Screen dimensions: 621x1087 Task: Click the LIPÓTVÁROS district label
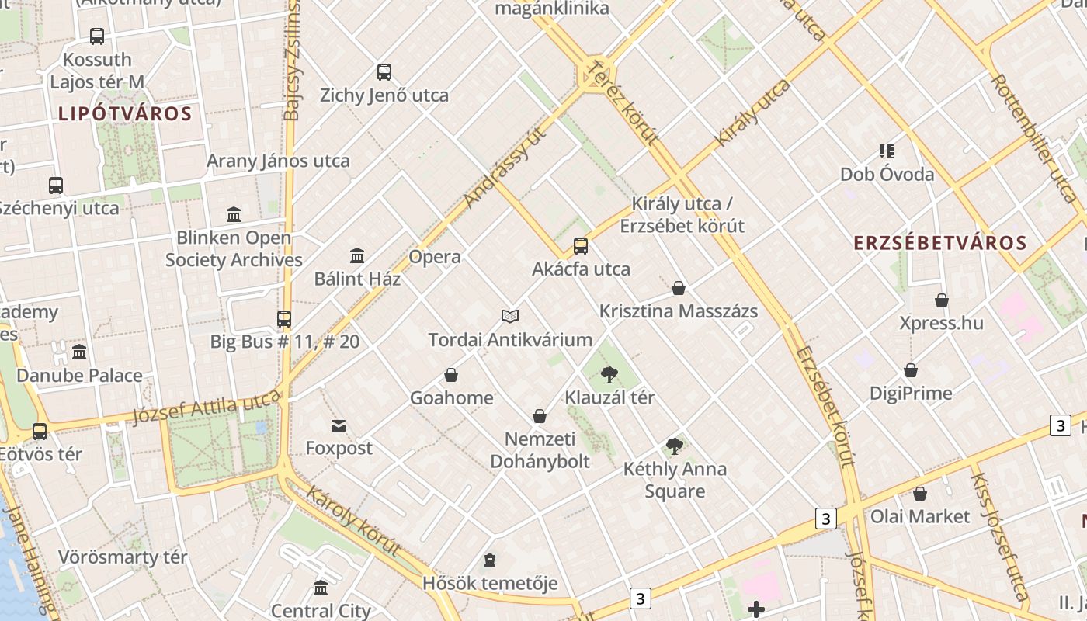[x=125, y=114]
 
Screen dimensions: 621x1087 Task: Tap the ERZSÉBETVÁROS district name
[x=940, y=243]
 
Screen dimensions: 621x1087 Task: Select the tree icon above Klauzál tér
[x=609, y=376]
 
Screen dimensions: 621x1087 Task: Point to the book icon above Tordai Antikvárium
[x=510, y=317]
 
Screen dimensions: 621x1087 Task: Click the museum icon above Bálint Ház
[x=357, y=255]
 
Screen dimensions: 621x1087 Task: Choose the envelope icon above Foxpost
[x=339, y=426]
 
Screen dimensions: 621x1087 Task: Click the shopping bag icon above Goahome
[x=451, y=376]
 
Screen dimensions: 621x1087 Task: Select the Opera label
[x=435, y=257]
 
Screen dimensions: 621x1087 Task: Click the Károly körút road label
[x=353, y=520]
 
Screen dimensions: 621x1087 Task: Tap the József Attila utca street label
[x=206, y=407]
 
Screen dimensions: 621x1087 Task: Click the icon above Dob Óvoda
[x=887, y=151]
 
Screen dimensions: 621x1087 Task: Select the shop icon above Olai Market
[x=920, y=494]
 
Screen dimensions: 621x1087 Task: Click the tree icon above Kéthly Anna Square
[x=675, y=446]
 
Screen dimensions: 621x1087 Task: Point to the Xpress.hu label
[x=941, y=323]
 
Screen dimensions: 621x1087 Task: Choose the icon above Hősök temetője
[x=490, y=560]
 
